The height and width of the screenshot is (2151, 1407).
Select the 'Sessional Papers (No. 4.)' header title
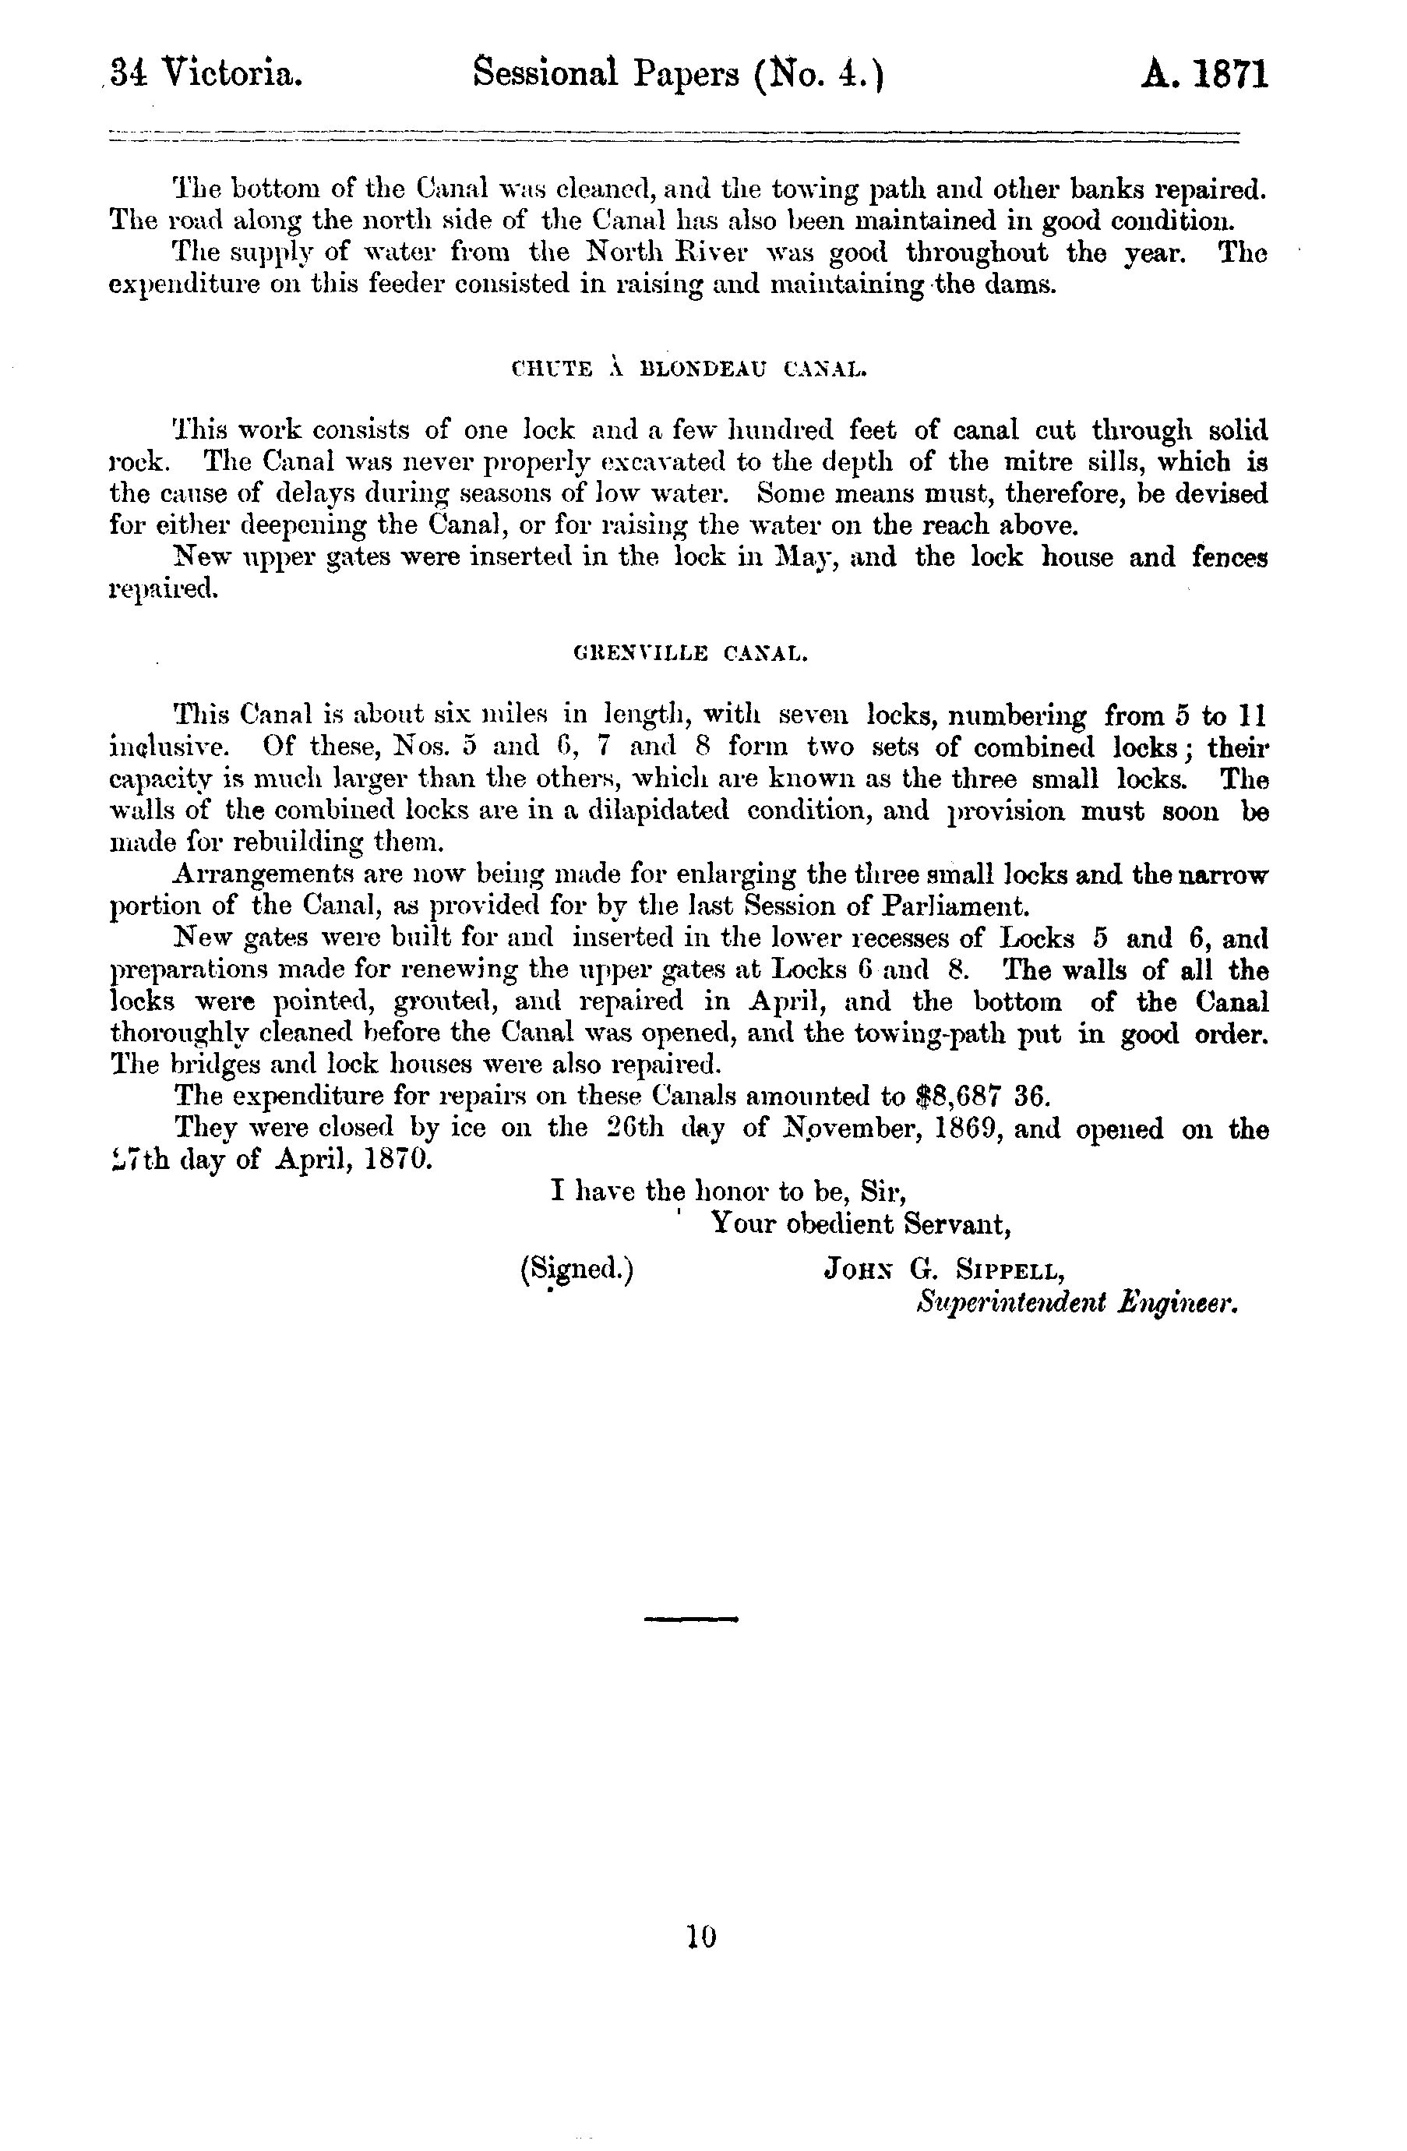[x=678, y=73]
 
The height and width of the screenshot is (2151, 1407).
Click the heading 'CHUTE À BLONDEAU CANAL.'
[x=689, y=369]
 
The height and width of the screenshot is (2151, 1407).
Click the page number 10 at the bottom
[x=701, y=1936]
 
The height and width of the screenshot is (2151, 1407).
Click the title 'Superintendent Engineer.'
[x=1075, y=1303]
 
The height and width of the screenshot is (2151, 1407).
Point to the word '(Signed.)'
[x=577, y=1270]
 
